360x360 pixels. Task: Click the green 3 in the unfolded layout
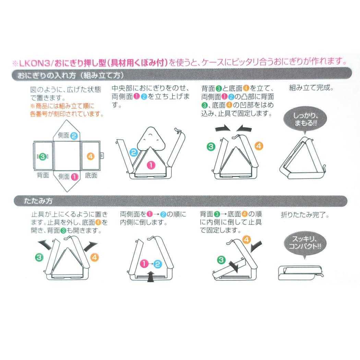pos(43,157)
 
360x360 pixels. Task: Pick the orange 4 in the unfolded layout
pos(91,156)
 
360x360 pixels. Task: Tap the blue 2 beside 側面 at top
pos(74,136)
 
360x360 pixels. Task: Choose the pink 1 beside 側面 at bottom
pos(75,177)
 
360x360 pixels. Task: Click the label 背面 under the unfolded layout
pos(43,175)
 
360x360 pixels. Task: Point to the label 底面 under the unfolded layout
pos(91,176)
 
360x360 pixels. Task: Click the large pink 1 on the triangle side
pos(151,165)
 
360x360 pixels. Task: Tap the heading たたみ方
pos(38,201)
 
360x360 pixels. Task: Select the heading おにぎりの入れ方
pos(47,75)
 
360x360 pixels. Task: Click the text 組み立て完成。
pos(311,88)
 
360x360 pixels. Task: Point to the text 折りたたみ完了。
pos(305,215)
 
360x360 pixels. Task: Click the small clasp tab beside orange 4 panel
pos(102,156)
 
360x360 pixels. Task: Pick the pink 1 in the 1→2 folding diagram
pos(144,264)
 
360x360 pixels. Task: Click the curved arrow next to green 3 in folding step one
pos(45,245)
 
